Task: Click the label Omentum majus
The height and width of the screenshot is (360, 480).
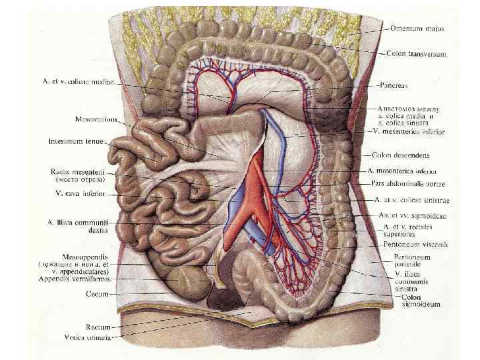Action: tap(417, 29)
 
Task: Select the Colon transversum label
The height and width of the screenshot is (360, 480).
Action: tap(417, 53)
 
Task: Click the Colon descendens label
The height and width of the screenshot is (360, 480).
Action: tap(406, 155)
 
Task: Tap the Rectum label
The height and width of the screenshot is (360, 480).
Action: tap(97, 327)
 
